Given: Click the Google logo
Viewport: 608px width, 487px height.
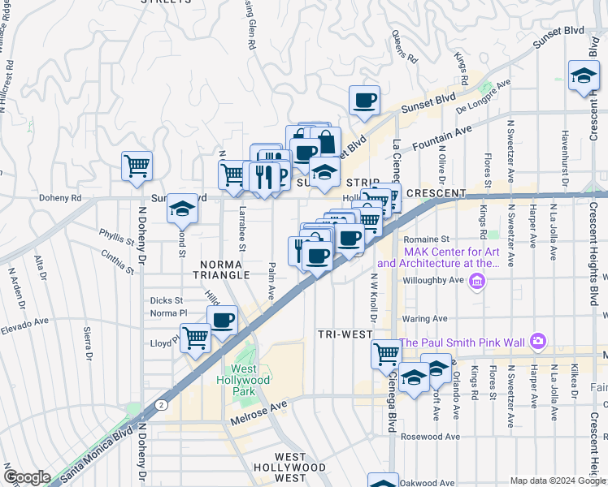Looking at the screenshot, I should pos(28,477).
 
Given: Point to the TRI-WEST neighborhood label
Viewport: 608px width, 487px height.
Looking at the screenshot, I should pos(345,334).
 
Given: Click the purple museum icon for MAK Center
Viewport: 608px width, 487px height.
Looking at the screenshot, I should pos(477,282).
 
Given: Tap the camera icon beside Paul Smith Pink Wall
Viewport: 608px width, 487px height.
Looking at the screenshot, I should pos(536,342).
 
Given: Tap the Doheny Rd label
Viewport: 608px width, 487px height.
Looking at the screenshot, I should pos(61,197).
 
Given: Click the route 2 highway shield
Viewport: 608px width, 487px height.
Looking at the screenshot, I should pos(163,404).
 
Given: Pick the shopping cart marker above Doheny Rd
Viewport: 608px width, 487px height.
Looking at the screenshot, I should pos(137,166).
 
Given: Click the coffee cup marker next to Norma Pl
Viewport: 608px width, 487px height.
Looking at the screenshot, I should pos(222,320).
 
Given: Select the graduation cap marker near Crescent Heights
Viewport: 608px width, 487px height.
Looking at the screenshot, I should pos(584,77).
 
